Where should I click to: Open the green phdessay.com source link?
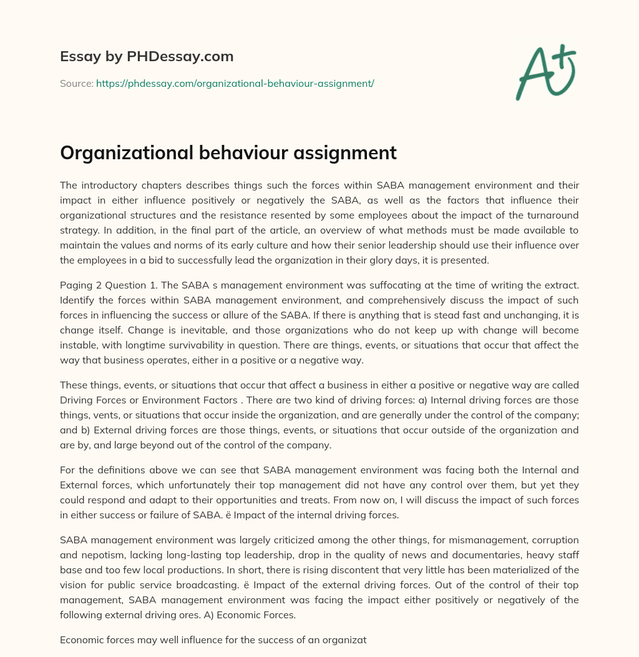tap(235, 83)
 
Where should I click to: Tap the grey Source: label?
tap(76, 83)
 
